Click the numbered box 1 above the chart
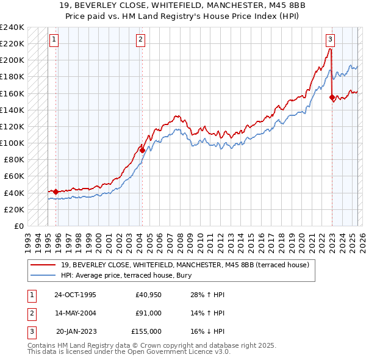tap(54, 40)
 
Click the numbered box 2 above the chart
tap(140, 40)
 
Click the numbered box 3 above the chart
tap(330, 40)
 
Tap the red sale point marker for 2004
tap(142, 149)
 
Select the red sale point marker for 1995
tap(56, 192)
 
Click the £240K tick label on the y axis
tap(12, 27)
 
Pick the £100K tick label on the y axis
tap(12, 143)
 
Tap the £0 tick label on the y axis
tap(18, 226)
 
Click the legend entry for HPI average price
tap(126, 275)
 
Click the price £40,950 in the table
tap(146, 295)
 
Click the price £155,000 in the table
tap(146, 331)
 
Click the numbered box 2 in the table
tap(30, 313)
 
